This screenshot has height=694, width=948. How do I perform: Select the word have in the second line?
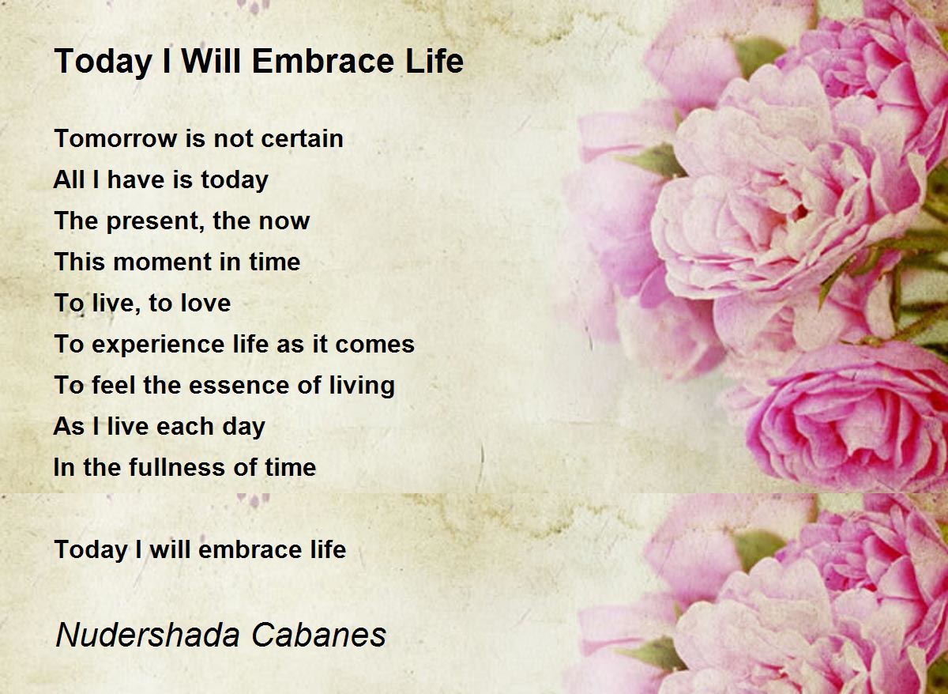pyautogui.click(x=135, y=179)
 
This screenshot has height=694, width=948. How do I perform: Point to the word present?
pyautogui.click(x=152, y=221)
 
